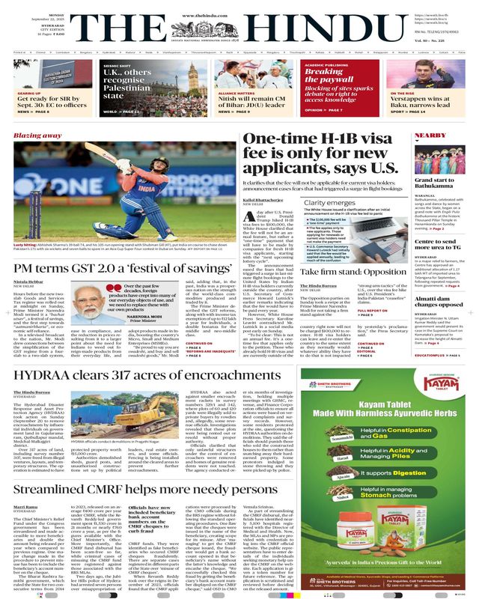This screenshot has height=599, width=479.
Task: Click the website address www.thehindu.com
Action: [239, 5]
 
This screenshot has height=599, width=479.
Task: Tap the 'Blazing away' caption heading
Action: [37, 136]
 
